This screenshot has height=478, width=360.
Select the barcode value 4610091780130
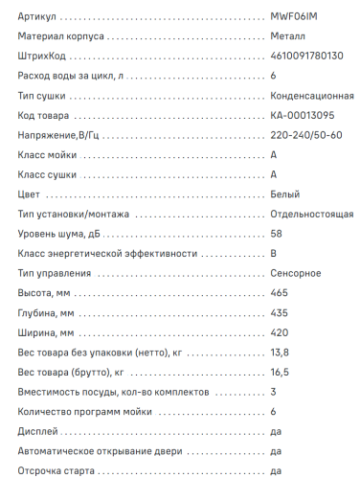coord(307,57)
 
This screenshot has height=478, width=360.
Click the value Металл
coord(290,36)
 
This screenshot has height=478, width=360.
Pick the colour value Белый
coord(285,194)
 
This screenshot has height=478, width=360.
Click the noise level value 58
coord(277,234)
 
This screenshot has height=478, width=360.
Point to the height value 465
coord(280,293)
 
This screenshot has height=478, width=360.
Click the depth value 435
coord(280,312)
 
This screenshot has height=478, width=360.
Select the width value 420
coord(280,332)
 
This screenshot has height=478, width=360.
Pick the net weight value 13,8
coord(280,353)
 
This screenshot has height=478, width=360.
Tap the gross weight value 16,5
coord(280,372)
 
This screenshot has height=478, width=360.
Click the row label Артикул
coord(38,17)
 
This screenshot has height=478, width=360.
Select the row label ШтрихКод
coord(43,57)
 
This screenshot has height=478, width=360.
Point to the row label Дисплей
coord(39,431)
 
